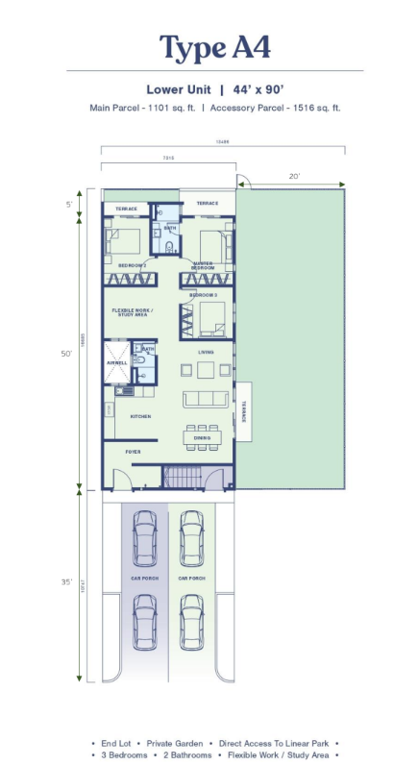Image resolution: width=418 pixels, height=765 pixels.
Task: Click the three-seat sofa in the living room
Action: (x=205, y=398)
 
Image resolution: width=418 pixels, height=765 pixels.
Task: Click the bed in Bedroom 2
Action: (x=126, y=240)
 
